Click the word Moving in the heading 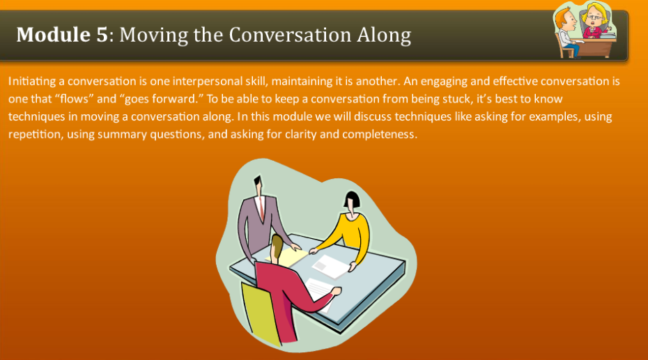pyautogui.click(x=153, y=34)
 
